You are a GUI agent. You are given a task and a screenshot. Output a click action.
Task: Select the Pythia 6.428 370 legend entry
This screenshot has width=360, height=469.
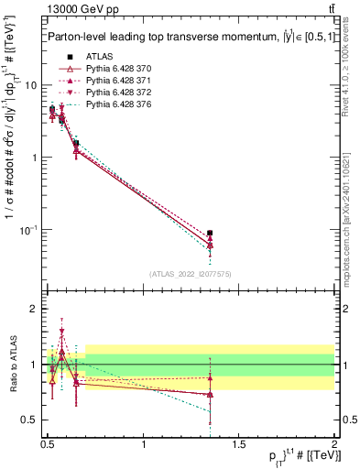coord(115,70)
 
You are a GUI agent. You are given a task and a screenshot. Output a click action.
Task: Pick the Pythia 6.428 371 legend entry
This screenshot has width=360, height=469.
coord(115,82)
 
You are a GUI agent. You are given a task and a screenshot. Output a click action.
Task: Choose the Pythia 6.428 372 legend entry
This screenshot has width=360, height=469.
coord(115,93)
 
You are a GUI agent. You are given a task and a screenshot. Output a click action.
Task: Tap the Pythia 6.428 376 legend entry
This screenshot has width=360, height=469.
coord(115,106)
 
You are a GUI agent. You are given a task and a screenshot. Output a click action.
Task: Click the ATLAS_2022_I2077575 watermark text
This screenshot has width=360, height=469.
coord(190,274)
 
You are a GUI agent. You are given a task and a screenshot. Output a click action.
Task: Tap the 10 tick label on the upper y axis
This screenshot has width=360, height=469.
coord(27,85)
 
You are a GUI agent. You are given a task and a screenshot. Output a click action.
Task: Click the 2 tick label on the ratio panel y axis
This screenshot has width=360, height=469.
coord(33,310)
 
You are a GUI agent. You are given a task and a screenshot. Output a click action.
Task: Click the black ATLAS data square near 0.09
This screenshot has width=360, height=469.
coord(211,234)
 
